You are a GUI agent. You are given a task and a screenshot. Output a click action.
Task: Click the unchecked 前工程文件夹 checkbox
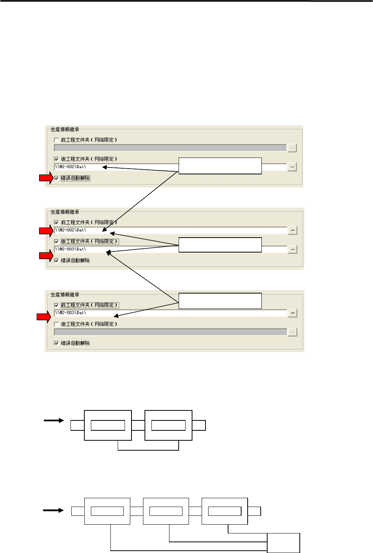click(56, 140)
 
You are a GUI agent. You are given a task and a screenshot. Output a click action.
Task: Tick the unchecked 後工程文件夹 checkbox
click(56, 324)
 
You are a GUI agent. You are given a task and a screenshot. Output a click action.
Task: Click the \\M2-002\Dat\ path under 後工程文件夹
click(71, 167)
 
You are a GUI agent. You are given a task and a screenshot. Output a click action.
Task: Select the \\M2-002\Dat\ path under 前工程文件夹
click(71, 230)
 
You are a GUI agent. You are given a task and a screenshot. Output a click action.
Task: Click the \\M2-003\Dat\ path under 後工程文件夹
click(71, 249)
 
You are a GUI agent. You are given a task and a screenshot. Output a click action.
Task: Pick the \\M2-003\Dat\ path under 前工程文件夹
click(71, 313)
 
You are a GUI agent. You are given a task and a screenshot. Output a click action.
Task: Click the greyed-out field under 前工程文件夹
click(170, 148)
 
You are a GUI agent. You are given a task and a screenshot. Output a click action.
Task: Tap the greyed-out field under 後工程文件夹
click(170, 332)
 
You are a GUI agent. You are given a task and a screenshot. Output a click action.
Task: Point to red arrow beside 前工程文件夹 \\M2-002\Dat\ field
click(46, 231)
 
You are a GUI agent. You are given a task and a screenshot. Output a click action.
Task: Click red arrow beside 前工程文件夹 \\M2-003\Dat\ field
click(44, 317)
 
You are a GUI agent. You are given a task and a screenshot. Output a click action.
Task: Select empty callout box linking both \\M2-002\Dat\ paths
click(220, 166)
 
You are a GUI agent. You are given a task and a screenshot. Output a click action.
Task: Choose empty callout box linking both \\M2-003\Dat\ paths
click(220, 301)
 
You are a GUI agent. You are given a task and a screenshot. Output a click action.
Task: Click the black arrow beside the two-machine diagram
click(54, 421)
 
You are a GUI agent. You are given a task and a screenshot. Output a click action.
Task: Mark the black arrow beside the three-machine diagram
click(53, 510)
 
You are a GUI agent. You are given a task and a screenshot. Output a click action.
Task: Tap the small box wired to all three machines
click(283, 543)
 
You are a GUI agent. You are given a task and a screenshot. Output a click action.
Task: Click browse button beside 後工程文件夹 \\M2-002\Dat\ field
click(292, 167)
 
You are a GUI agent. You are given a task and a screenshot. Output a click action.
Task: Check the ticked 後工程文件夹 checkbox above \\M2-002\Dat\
click(56, 159)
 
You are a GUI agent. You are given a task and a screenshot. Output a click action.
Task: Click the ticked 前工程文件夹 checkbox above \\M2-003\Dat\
click(56, 305)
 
